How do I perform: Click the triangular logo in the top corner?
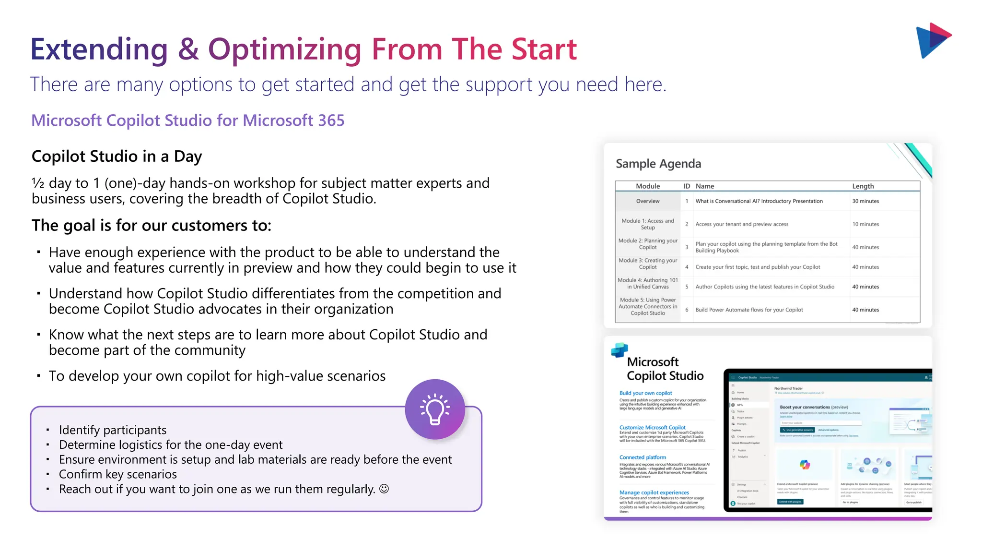pyautogui.click(x=932, y=40)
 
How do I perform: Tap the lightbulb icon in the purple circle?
pyautogui.click(x=435, y=409)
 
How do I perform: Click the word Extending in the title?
pyautogui.click(x=99, y=49)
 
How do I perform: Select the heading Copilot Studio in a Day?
pyautogui.click(x=117, y=156)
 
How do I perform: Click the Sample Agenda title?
pyautogui.click(x=658, y=164)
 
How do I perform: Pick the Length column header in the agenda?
pyautogui.click(x=863, y=186)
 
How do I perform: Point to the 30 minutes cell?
pyautogui.click(x=865, y=201)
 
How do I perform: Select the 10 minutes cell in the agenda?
pyautogui.click(x=865, y=224)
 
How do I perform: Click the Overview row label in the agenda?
pyautogui.click(x=647, y=201)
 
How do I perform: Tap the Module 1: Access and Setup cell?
pyautogui.click(x=647, y=224)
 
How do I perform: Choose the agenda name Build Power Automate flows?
pyautogui.click(x=749, y=310)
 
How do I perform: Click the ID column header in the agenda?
pyautogui.click(x=686, y=186)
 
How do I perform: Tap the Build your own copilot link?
pyautogui.click(x=645, y=393)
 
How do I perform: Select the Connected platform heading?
pyautogui.click(x=643, y=457)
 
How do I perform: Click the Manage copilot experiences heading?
pyautogui.click(x=654, y=493)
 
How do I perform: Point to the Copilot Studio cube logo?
pyautogui.click(x=620, y=350)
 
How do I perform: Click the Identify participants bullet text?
pyautogui.click(x=113, y=430)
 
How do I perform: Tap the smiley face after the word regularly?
pyautogui.click(x=384, y=489)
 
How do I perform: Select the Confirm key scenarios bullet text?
pyautogui.click(x=117, y=474)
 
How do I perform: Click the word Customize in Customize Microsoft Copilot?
pyautogui.click(x=631, y=428)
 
